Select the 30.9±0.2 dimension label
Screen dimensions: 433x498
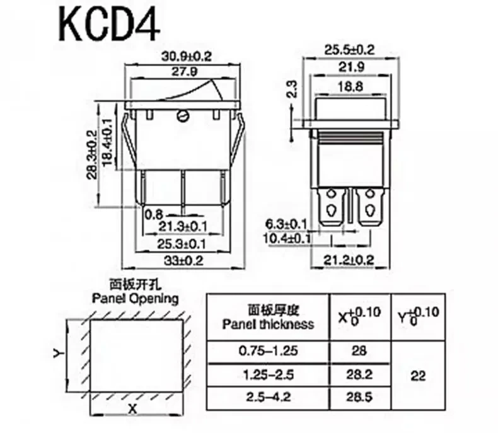point(185,56)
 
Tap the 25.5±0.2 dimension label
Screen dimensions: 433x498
point(350,49)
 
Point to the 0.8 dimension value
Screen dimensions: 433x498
point(154,214)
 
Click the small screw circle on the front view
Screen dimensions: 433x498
point(184,115)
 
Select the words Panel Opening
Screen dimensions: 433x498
point(135,298)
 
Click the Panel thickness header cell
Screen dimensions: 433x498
point(268,318)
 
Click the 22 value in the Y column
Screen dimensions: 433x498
point(417,376)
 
